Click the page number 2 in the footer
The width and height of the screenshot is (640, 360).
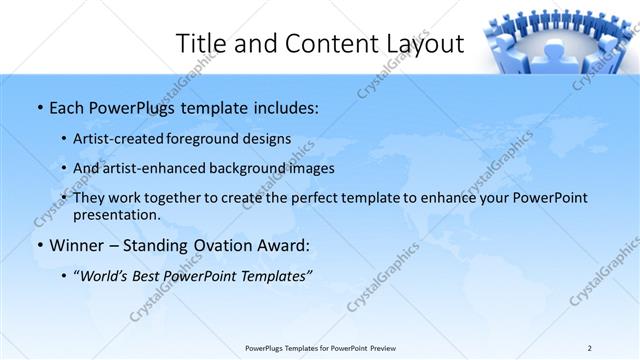coord(590,347)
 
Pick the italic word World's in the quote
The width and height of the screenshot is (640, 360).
coord(106,276)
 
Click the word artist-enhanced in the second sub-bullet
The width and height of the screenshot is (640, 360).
coord(154,168)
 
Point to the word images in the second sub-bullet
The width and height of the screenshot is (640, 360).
coord(309,168)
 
